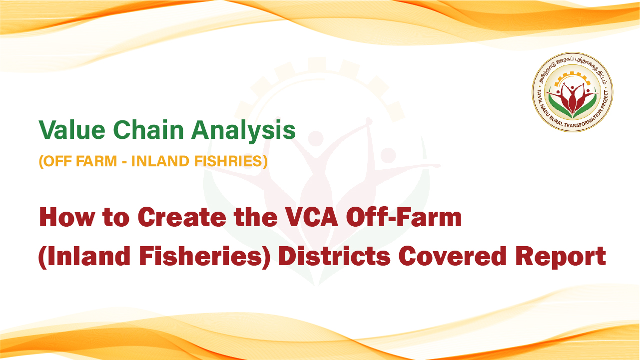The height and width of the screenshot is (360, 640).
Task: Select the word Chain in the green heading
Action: (148, 130)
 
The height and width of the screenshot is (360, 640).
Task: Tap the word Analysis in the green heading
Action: (243, 132)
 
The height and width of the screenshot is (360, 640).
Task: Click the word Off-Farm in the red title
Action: (404, 217)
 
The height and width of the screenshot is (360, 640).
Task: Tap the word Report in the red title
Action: (561, 258)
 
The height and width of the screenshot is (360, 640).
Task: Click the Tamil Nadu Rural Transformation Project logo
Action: (572, 92)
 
